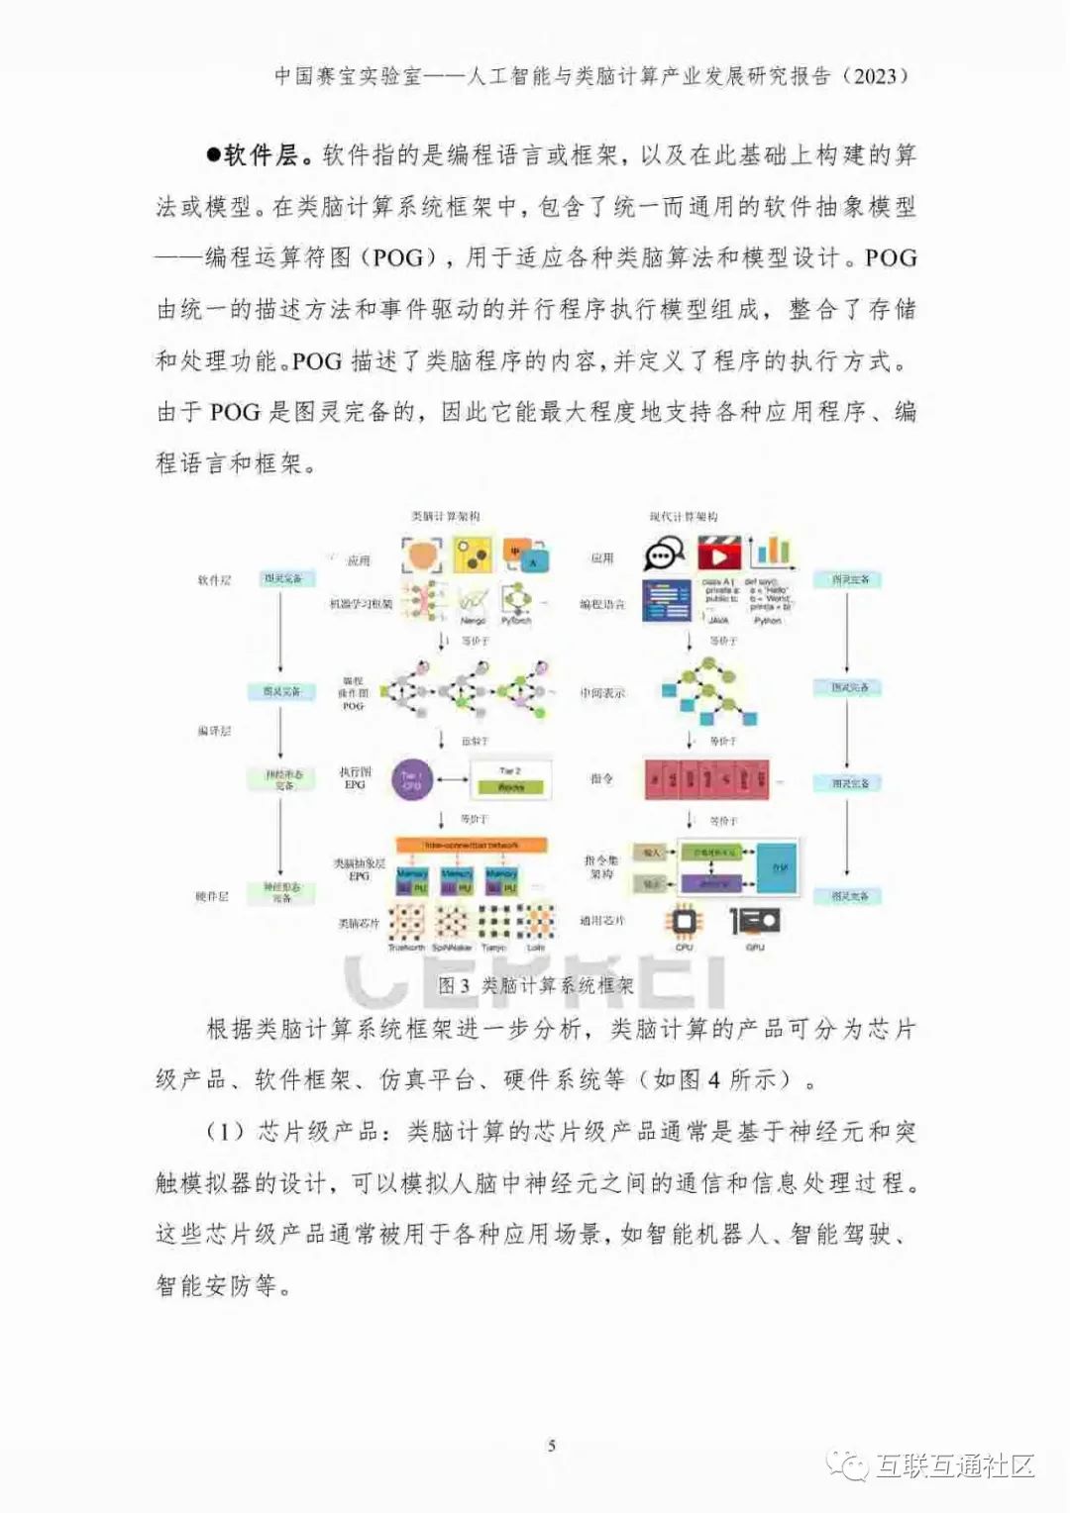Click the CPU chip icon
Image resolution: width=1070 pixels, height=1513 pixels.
point(684,922)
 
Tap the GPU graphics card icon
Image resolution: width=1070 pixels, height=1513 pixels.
point(755,922)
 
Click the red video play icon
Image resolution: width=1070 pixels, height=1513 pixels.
point(718,554)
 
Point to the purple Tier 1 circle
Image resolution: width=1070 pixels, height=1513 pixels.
point(411,780)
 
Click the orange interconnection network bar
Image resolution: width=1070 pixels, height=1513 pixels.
point(472,846)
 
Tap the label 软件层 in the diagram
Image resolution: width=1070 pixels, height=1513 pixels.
point(214,580)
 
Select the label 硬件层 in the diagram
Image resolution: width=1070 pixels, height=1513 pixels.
point(212,897)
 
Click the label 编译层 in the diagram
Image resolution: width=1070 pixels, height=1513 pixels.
point(214,731)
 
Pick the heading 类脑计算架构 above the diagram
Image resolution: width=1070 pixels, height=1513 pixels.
point(446,517)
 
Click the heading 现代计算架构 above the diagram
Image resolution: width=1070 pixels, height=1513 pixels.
point(684,517)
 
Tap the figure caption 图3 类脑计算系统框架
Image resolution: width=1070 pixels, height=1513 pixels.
point(535,985)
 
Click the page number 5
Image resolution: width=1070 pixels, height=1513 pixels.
point(552,1446)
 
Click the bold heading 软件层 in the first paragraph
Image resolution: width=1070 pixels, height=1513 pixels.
point(260,154)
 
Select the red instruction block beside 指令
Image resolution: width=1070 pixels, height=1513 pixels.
point(706,780)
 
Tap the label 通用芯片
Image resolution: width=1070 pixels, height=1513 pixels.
point(602,921)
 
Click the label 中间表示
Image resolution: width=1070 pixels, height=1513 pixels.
point(602,693)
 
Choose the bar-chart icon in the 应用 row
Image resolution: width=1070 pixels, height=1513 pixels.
point(772,551)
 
